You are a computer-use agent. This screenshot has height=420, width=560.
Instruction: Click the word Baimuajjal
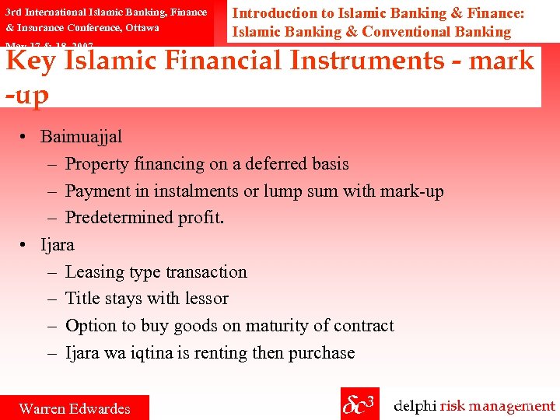(81, 137)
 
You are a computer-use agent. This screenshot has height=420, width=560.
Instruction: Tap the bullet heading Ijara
(58, 245)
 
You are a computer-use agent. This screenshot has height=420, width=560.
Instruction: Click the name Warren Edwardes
(75, 408)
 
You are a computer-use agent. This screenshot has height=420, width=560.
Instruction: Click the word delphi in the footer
(415, 406)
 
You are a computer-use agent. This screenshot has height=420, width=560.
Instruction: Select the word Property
(97, 164)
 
